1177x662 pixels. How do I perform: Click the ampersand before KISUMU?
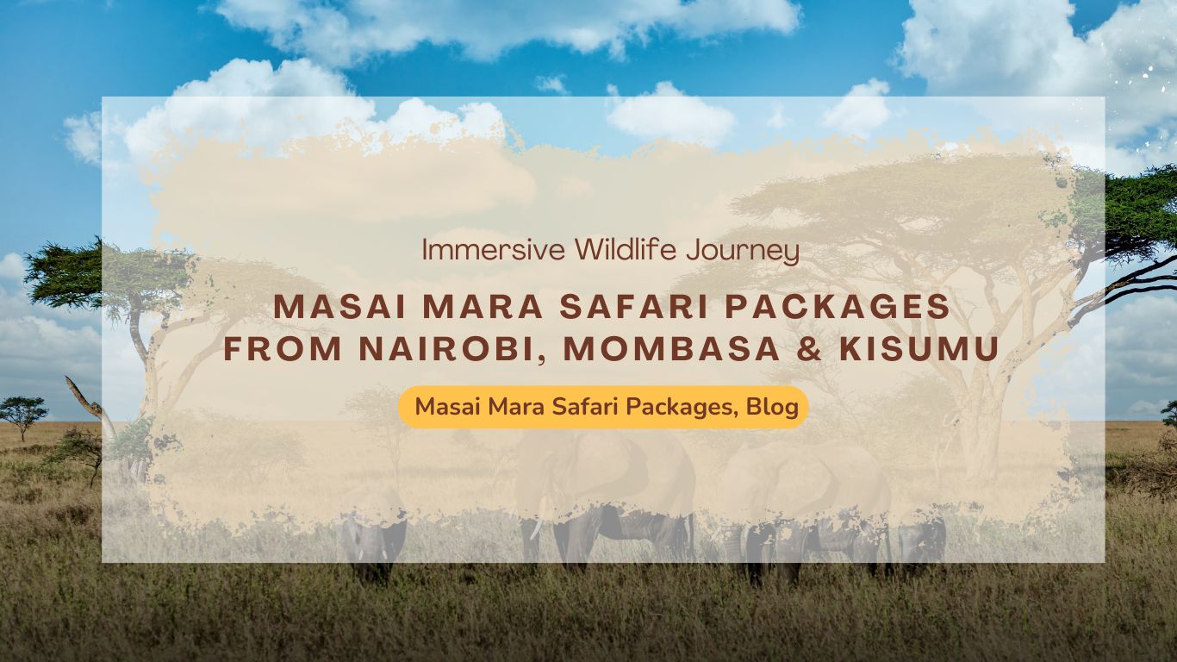[813, 350]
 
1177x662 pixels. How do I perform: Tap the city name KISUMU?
[922, 350]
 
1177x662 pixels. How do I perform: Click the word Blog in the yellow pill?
[772, 407]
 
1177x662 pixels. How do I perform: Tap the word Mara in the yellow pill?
[505, 407]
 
